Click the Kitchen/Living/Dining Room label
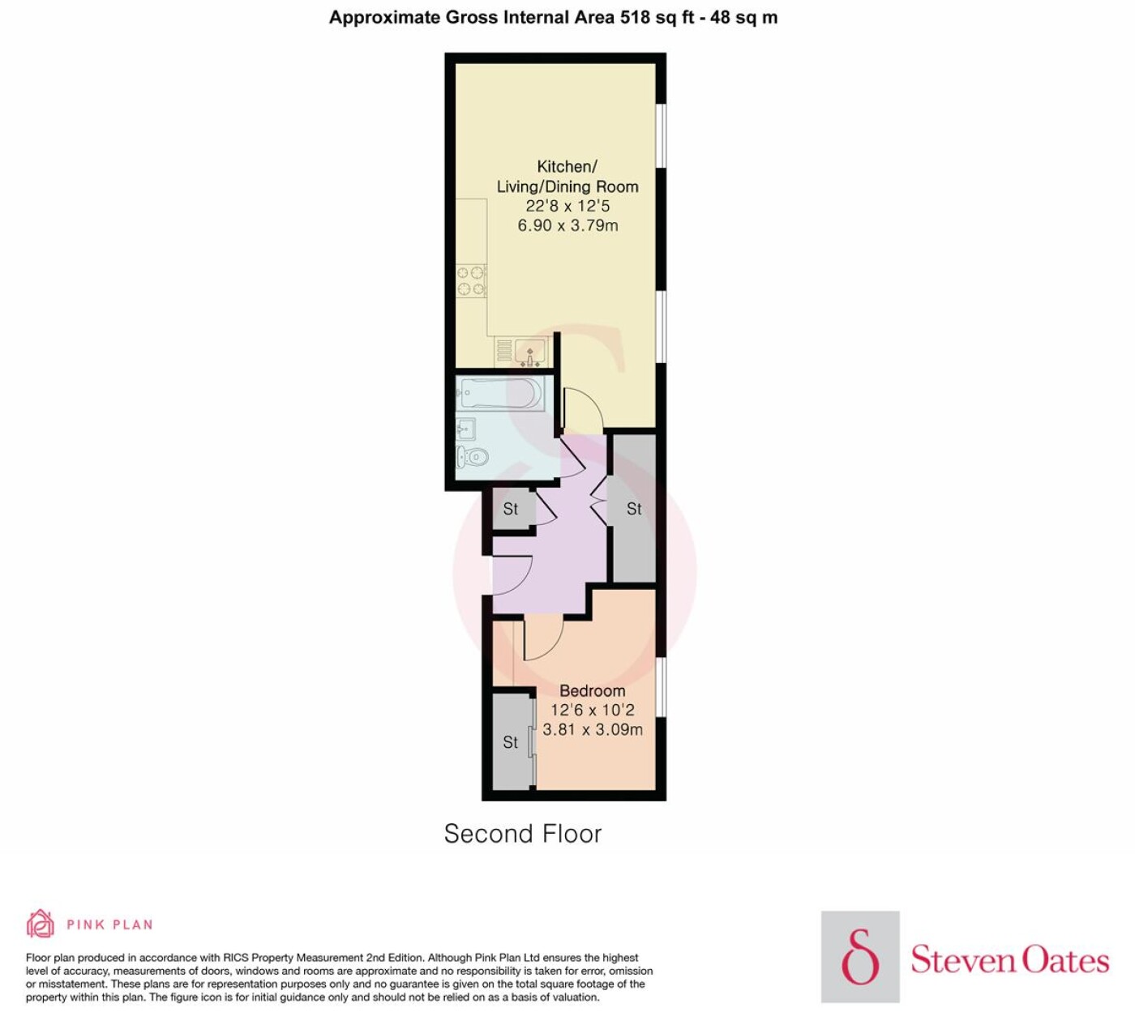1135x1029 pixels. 567,177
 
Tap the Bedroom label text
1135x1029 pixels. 593,690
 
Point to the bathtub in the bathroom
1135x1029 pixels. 500,393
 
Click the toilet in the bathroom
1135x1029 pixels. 473,456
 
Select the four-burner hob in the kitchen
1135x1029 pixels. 471,281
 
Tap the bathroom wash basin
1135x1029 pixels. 465,429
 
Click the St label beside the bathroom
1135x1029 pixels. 511,509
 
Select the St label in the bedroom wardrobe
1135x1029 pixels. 511,742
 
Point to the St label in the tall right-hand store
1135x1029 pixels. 634,509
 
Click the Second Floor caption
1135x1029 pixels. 523,833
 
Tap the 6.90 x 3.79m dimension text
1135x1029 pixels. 567,225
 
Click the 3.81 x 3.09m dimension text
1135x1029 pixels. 593,729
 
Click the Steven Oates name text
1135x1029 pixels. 1009,960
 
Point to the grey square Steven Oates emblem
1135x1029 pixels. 860,957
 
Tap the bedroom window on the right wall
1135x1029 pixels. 661,687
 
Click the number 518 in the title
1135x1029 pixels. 635,18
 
